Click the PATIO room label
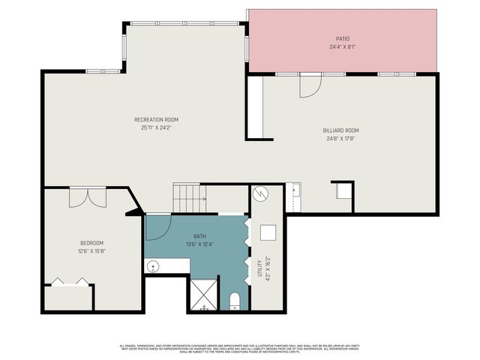pos(342,38)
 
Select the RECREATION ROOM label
pos(156,119)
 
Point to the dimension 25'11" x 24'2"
pos(156,127)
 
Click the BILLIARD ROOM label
pos(341,130)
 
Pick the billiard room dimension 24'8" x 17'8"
pos(341,138)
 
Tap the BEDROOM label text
pos(91,242)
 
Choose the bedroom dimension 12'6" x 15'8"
pos(91,250)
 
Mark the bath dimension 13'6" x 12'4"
pos(199,244)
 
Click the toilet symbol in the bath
pos(234,301)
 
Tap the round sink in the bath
pos(152,265)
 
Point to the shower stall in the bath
pos(202,294)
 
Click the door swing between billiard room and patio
pos(310,86)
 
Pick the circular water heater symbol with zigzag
pos(259,193)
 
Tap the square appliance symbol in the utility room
pos(268,232)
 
